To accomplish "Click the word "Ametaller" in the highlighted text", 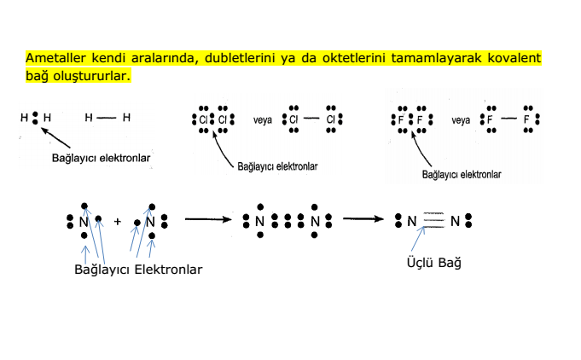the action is pos(55,58).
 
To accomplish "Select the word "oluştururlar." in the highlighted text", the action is pos(92,76).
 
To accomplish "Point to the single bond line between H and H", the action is pos(107,118).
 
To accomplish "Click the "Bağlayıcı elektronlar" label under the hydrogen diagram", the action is pos(101,158).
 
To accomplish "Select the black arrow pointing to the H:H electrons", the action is pos(55,138).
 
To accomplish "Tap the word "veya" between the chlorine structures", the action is pos(262,120).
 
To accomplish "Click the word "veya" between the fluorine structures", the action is pos(461,120).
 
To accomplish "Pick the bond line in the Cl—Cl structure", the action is pos(311,119).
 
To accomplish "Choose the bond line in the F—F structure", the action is pos(508,119).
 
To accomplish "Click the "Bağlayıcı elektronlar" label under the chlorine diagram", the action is pos(277,166).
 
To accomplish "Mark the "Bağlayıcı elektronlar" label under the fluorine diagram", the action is pos(462,174).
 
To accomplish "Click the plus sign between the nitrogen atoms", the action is pos(118,222).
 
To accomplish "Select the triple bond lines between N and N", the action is pos(433,220).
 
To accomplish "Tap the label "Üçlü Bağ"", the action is pos(434,263).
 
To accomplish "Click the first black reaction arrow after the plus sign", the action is pos(208,219).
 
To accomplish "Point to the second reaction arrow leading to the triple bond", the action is pos(363,219).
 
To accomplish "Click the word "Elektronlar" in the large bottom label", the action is pos(168,270).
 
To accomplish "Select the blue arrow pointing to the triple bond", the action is pos(418,239).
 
